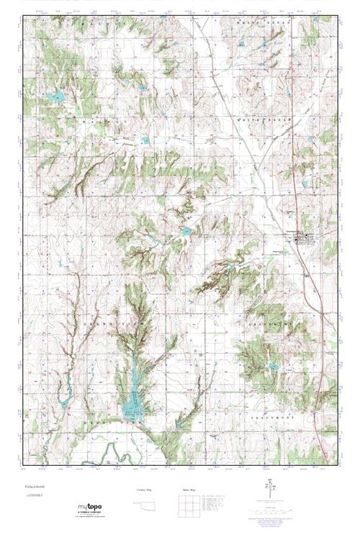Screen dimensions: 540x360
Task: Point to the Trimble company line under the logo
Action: (91, 512)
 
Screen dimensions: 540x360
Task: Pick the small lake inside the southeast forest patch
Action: (272, 366)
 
